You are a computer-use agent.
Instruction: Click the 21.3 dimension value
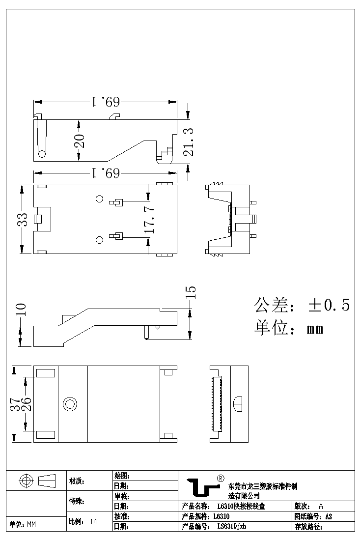coord(188,142)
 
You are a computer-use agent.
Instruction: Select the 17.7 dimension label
coord(150,219)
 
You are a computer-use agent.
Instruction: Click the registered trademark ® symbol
coord(221,478)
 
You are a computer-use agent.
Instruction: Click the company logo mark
coord(202,487)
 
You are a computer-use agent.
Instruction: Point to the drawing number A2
coord(329,516)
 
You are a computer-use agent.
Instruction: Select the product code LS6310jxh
coord(231,526)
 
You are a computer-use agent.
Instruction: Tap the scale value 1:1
coord(94,522)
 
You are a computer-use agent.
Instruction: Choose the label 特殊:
coord(77,502)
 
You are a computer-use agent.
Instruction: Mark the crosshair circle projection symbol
coord(26,481)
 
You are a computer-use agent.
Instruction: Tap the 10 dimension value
coord(21,309)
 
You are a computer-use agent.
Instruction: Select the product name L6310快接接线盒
coord(241,507)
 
